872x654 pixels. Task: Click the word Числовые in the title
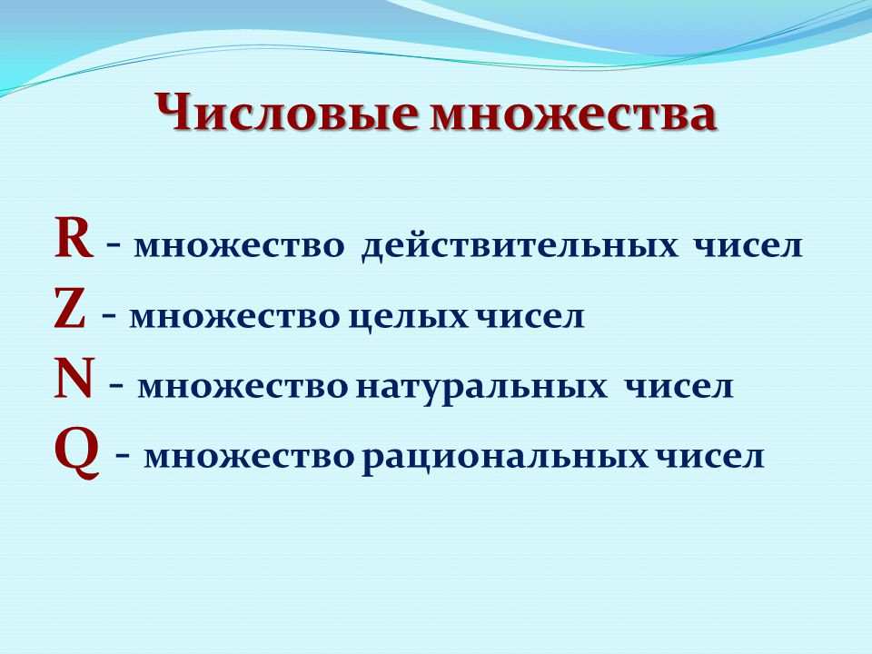(286, 110)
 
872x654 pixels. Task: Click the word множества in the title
(573, 114)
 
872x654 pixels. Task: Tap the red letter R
(73, 239)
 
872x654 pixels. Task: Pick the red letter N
(73, 380)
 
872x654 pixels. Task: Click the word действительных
(520, 246)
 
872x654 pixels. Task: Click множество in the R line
(239, 246)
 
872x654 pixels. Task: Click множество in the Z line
(234, 317)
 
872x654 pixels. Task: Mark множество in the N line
(243, 387)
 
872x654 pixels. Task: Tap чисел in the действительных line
(748, 246)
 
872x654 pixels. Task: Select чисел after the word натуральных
(679, 387)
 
